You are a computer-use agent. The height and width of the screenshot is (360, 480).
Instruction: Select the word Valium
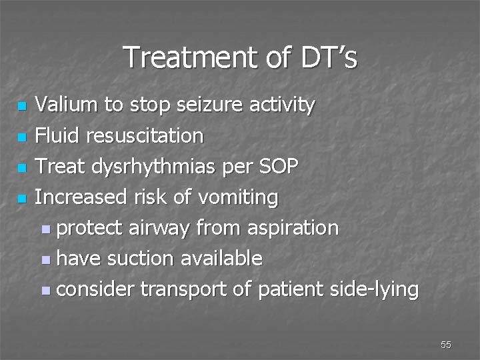click(x=65, y=105)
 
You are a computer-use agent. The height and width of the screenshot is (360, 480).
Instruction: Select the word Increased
click(x=79, y=197)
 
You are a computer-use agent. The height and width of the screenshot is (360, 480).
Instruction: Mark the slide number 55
click(x=446, y=344)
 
